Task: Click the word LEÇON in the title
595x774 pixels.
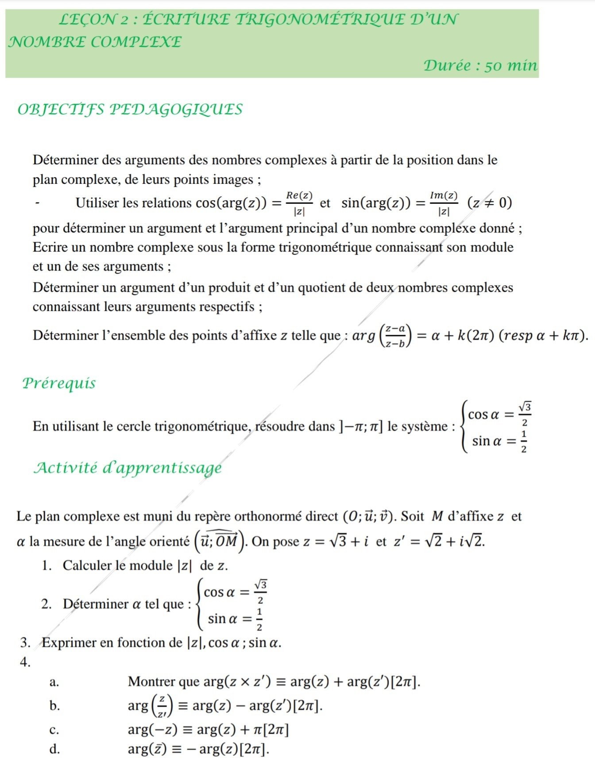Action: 88,19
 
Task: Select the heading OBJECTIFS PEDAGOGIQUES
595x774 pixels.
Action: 130,109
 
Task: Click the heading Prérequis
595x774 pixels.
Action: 59,383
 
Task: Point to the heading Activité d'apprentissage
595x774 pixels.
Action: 127,468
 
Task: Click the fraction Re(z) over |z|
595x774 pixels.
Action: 299,203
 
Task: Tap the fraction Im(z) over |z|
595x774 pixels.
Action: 443,203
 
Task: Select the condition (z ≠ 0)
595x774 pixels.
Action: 490,203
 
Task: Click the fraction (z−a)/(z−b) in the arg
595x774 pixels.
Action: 395,336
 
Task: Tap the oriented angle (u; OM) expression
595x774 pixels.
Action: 220,541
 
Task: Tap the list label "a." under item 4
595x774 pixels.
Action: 54,682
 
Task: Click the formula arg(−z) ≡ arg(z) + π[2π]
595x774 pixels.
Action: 208,729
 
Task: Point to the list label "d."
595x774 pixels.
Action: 54,749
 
